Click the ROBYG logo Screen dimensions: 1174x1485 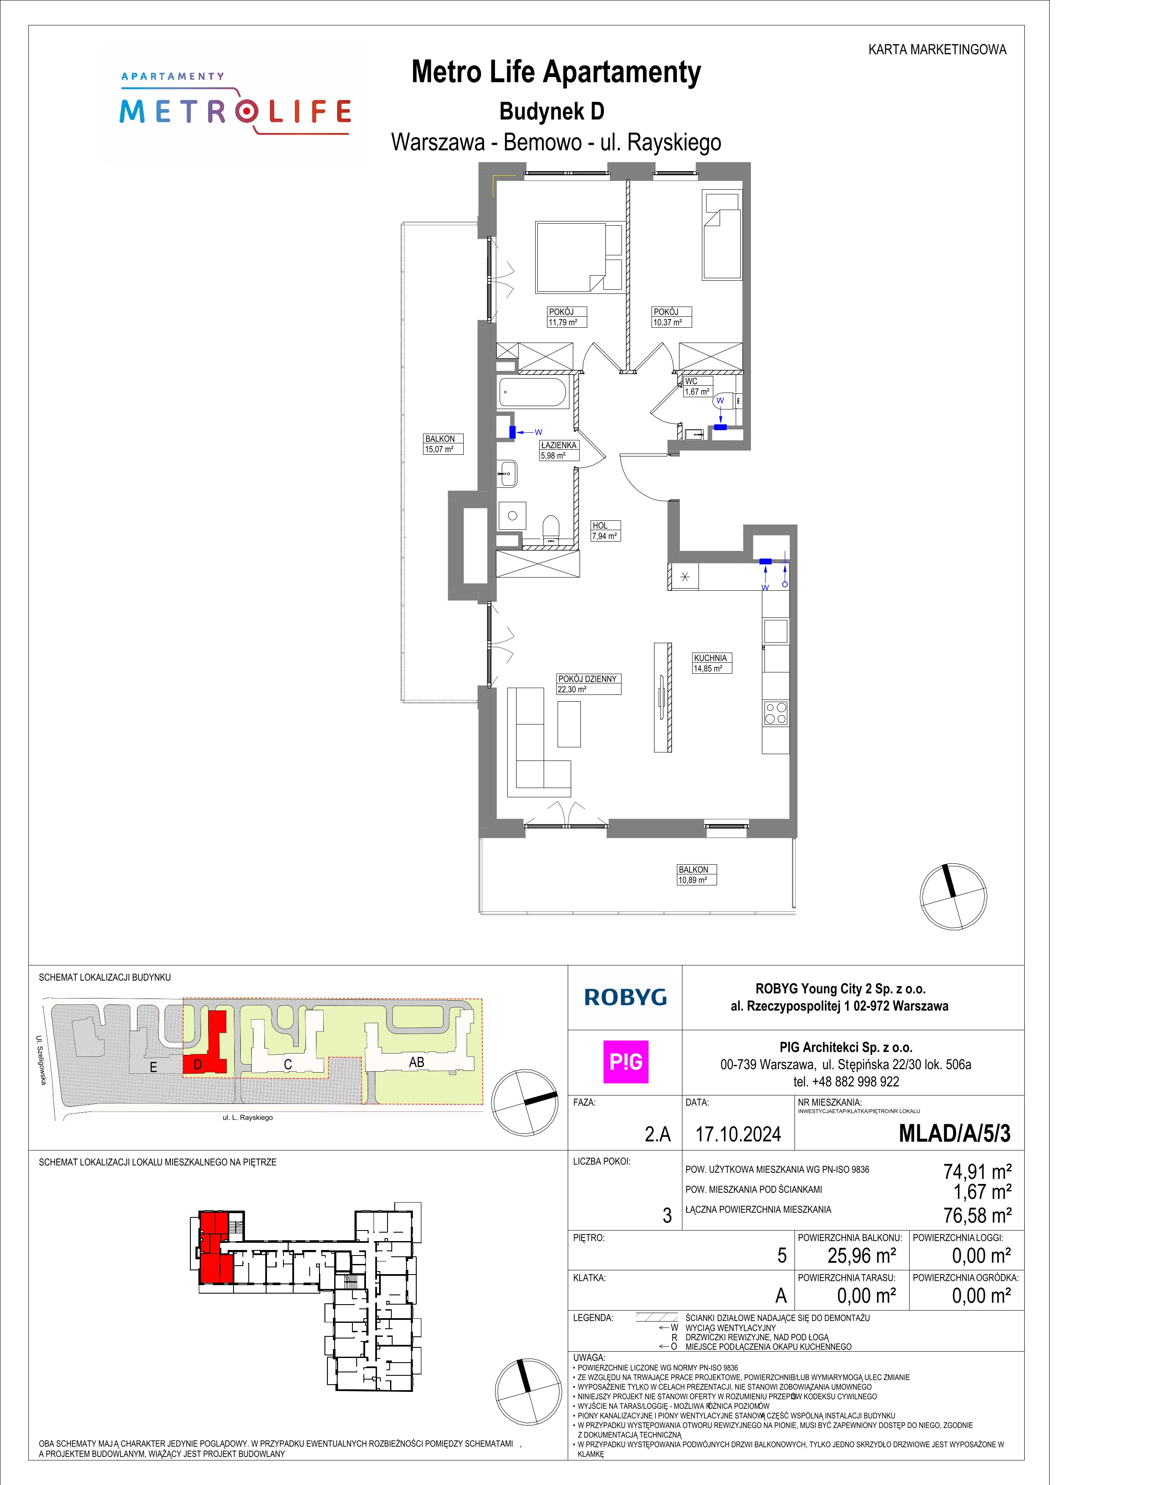[625, 997]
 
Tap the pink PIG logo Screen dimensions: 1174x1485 [625, 1062]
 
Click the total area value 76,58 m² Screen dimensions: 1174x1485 [977, 1215]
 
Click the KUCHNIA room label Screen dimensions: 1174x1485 [710, 658]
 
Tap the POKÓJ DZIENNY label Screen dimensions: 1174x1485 [588, 679]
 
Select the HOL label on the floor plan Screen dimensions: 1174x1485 [599, 525]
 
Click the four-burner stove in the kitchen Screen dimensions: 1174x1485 [776, 713]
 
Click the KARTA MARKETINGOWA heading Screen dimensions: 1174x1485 [938, 50]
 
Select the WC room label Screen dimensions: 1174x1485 [691, 381]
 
